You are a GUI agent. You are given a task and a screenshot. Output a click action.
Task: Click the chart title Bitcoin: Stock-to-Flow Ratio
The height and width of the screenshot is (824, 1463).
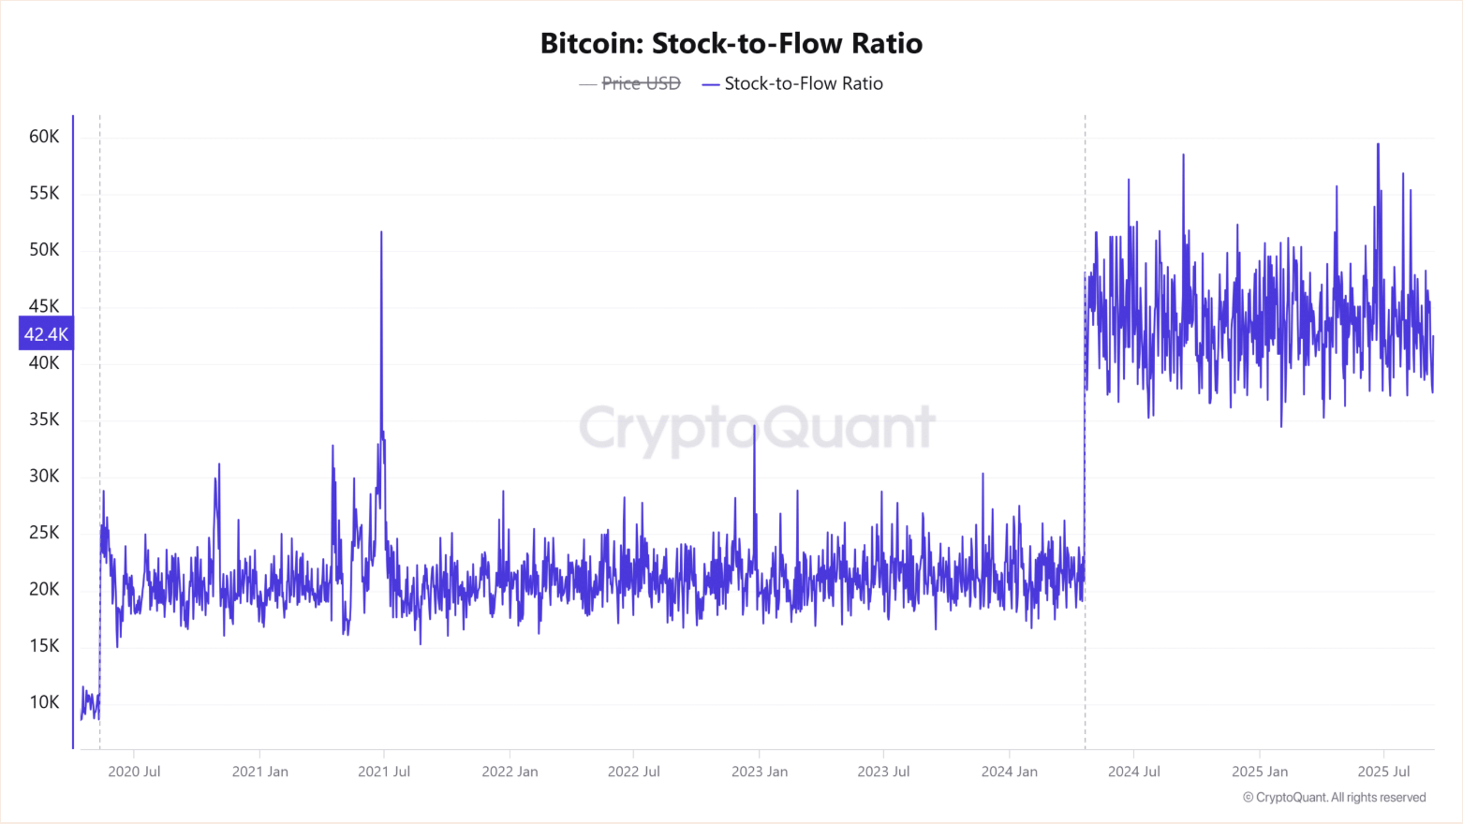tap(731, 43)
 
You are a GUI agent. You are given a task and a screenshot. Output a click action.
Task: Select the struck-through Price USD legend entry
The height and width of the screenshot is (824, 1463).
tap(641, 83)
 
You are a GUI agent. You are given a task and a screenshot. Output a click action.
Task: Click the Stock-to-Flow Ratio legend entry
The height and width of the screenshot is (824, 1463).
tap(803, 83)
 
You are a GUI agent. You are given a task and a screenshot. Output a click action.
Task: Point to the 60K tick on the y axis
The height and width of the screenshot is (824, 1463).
tap(44, 137)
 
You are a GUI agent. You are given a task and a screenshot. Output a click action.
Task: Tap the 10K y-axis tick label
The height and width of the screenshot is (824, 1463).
tap(44, 702)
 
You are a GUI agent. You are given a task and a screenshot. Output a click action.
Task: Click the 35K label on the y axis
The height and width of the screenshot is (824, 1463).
tap(44, 419)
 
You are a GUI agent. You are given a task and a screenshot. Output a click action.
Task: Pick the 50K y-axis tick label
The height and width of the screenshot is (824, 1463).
tap(44, 250)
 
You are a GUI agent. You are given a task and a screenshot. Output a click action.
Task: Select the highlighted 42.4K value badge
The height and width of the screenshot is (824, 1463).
tap(46, 334)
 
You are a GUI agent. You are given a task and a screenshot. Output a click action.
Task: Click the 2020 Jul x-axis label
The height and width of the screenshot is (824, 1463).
tap(134, 772)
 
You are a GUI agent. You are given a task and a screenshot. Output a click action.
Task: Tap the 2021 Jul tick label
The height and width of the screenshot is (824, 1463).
tap(384, 772)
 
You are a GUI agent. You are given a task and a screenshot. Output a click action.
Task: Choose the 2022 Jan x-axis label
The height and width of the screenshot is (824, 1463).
tap(510, 772)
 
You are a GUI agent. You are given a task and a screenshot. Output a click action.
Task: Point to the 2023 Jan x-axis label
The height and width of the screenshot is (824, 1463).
tap(759, 772)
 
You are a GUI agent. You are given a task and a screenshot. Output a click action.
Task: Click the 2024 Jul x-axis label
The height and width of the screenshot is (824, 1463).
tap(1133, 772)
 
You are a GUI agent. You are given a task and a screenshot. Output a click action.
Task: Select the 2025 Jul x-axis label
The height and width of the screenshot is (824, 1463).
tap(1383, 772)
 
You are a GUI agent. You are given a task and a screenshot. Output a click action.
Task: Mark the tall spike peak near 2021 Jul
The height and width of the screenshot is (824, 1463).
tap(381, 232)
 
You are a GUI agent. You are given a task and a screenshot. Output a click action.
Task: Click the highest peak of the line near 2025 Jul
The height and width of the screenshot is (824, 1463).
tap(1378, 144)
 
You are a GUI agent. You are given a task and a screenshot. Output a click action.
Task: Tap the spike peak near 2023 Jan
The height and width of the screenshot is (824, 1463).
tap(754, 426)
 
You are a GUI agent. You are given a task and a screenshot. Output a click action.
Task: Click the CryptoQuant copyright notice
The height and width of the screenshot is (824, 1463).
tap(1334, 798)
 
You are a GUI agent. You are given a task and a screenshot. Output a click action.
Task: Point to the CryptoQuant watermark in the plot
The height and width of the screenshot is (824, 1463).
tap(757, 428)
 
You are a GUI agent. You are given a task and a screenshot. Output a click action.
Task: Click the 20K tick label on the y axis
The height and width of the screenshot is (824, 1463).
tap(44, 589)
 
